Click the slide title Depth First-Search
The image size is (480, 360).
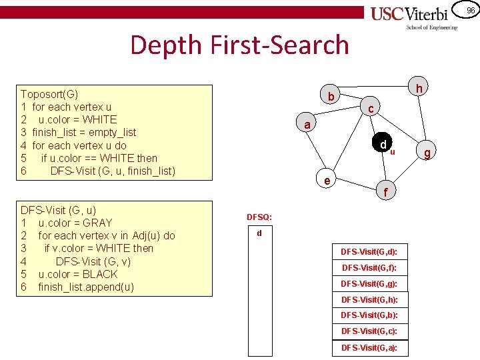point(239,45)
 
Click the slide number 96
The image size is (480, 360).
point(470,10)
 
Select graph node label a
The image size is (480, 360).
point(306,125)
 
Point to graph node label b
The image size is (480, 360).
point(330,97)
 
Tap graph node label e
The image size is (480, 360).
point(326,180)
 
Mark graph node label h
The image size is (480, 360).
point(419,89)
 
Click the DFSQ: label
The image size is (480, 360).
point(259,217)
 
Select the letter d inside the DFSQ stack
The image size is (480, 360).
point(259,233)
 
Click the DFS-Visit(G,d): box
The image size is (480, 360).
point(369,252)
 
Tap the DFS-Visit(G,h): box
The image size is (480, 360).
point(369,299)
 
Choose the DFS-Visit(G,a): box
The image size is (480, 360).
point(369,347)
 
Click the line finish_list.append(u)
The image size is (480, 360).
point(85,287)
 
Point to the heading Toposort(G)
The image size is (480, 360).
point(49,94)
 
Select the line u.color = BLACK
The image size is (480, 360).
point(77,274)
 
